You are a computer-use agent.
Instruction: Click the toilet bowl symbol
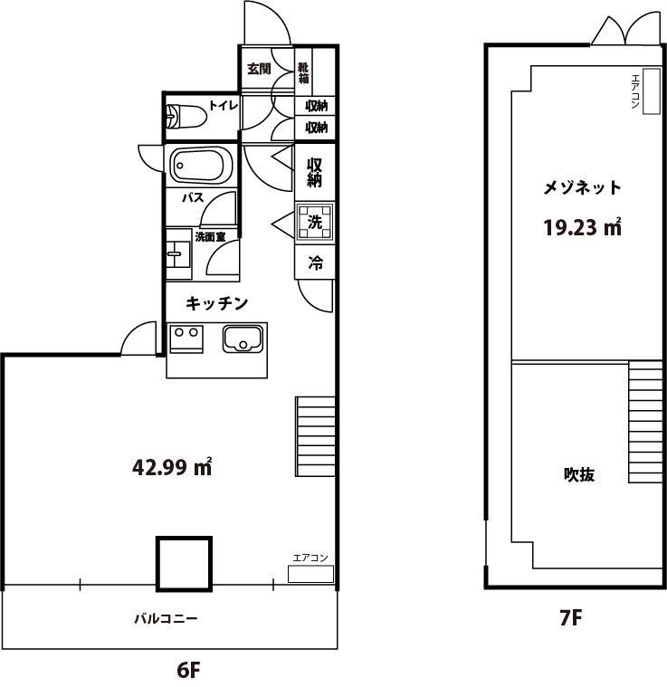click(186, 117)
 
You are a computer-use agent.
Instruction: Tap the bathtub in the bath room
click(202, 165)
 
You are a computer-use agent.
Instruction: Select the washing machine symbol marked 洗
click(314, 222)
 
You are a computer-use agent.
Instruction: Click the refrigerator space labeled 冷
click(315, 262)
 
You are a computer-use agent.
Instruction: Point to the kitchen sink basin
click(243, 339)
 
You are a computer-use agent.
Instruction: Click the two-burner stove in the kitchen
click(186, 339)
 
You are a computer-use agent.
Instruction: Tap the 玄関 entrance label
click(259, 69)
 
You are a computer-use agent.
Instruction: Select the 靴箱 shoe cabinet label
click(303, 72)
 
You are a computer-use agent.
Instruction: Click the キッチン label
click(217, 302)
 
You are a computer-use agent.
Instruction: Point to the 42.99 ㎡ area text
click(172, 467)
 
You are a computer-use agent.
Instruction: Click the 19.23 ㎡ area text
click(583, 227)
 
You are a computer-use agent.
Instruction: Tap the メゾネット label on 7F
click(582, 187)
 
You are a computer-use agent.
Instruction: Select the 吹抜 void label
click(579, 474)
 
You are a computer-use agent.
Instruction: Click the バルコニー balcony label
click(166, 618)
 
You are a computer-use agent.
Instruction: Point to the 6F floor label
click(189, 669)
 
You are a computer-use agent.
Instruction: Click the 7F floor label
click(571, 618)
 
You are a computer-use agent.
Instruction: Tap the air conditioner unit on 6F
click(310, 574)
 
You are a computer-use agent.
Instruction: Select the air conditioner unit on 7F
click(652, 91)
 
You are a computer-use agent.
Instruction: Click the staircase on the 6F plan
click(315, 436)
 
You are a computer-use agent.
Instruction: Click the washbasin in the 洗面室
click(178, 253)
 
